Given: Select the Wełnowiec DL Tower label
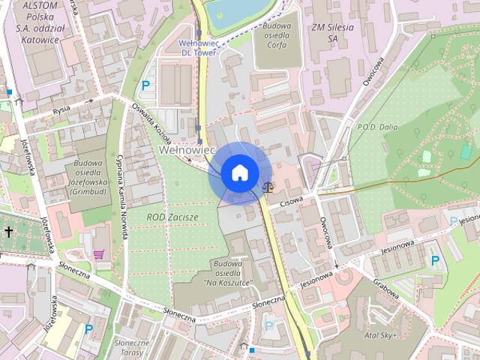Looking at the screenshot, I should (199, 48).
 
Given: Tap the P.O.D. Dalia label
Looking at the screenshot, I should (379, 127).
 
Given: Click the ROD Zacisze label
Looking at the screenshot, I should (173, 217).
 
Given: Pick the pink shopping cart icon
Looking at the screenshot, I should (99, 254).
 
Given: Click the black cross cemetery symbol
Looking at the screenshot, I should (8, 231).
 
